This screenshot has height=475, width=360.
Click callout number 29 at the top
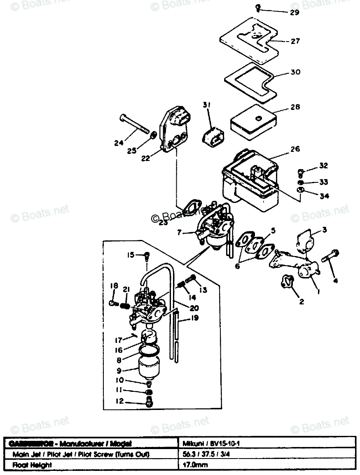294,12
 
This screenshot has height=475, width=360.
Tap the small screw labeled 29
257,7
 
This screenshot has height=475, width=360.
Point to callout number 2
302,302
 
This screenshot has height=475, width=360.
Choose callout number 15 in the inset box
131,255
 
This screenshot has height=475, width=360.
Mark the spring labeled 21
126,305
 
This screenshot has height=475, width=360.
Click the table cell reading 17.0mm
195,465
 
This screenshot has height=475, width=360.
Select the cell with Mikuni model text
206,444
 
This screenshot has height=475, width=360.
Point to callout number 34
324,196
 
